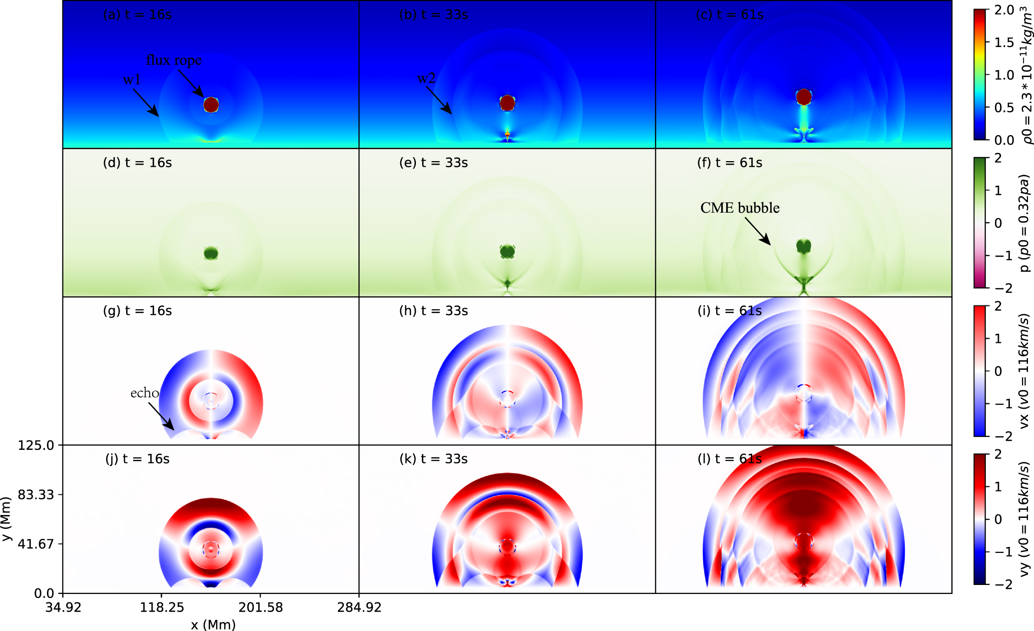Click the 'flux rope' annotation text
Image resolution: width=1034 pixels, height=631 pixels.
click(x=174, y=60)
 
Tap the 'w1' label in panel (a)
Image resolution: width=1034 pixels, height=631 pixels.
click(x=132, y=80)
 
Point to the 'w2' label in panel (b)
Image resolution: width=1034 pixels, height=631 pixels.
click(x=426, y=78)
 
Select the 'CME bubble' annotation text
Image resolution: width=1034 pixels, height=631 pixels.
click(x=740, y=208)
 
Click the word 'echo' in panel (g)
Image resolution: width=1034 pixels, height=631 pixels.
click(x=145, y=393)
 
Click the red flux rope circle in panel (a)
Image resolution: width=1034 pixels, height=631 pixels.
click(x=211, y=105)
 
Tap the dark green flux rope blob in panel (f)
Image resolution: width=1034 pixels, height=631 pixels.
click(x=804, y=246)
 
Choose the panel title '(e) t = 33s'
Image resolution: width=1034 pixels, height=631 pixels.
click(x=433, y=163)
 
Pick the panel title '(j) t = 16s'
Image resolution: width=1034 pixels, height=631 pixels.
click(x=137, y=459)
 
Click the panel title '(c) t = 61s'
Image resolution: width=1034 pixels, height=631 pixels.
click(x=730, y=15)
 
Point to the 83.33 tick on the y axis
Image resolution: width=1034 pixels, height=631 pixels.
click(x=36, y=494)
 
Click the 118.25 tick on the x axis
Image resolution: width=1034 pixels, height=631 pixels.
click(x=162, y=607)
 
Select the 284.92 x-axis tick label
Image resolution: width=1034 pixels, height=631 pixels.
click(x=359, y=607)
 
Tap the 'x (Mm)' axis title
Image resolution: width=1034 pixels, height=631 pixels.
click(x=213, y=624)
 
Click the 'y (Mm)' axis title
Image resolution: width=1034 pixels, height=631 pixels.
click(x=6, y=518)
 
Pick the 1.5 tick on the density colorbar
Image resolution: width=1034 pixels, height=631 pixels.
click(x=1004, y=43)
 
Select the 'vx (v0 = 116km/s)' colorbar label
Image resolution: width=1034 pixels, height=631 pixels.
click(x=1024, y=371)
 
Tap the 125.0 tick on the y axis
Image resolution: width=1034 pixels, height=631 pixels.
click(x=36, y=445)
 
